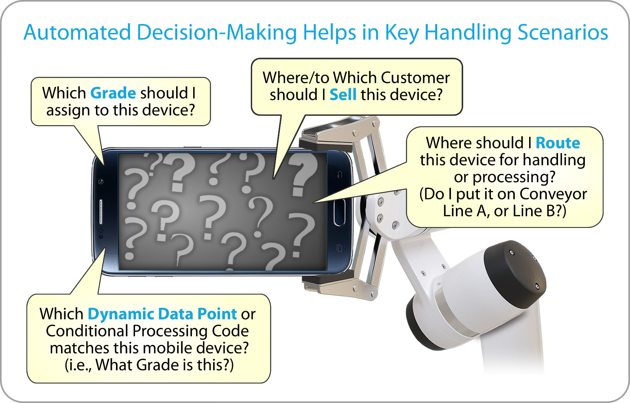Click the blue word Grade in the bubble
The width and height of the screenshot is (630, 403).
(x=113, y=93)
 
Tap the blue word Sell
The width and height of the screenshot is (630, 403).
(x=343, y=95)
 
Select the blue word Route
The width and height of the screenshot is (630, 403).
(x=558, y=143)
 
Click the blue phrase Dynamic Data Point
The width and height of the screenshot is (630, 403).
(x=162, y=314)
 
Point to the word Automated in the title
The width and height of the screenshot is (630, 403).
(x=77, y=32)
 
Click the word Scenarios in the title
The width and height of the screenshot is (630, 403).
(x=562, y=32)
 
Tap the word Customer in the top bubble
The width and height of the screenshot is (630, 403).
(x=415, y=78)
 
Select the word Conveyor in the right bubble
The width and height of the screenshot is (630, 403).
(x=553, y=194)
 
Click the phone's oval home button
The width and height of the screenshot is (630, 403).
(x=340, y=212)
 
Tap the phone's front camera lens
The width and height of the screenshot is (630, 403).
(x=101, y=182)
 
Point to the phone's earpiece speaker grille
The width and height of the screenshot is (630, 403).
(x=101, y=212)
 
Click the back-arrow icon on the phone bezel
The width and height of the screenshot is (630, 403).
(x=340, y=175)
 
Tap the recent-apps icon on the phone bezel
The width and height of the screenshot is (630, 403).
(x=340, y=248)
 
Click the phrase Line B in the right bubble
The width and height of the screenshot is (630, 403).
(x=534, y=211)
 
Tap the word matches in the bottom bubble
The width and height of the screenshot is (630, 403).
(x=80, y=348)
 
